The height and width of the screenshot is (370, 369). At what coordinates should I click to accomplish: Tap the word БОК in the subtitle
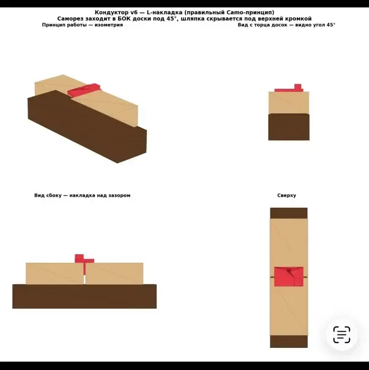[x=124, y=18]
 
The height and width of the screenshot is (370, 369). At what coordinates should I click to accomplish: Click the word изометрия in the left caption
[x=109, y=25]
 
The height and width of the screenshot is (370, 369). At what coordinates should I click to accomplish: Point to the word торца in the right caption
[x=264, y=25]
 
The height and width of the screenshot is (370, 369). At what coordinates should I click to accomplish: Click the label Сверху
[x=287, y=195]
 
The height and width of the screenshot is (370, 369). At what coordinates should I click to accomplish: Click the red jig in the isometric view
[x=84, y=89]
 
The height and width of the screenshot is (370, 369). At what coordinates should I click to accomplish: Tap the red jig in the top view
[x=289, y=276]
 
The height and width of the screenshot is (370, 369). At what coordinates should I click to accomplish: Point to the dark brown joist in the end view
[x=289, y=127]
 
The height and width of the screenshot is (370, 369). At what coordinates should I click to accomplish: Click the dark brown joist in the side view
[x=84, y=296]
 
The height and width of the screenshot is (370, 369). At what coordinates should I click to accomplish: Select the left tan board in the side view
[x=54, y=273]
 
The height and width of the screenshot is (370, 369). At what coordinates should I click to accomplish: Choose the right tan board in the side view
[x=114, y=273]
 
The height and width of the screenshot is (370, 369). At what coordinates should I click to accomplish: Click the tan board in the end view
[x=289, y=103]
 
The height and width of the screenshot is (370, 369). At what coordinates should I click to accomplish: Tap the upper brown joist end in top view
[x=289, y=213]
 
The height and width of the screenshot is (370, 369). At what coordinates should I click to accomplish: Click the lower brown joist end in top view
[x=289, y=341]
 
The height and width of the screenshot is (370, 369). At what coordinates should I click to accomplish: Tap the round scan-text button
[x=341, y=334]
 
